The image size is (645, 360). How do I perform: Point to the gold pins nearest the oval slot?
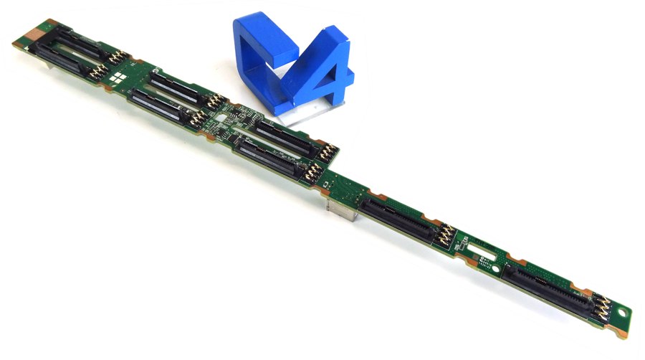pyautogui.click(x=446, y=235)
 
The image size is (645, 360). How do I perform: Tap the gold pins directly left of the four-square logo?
pyautogui.click(x=115, y=58)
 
